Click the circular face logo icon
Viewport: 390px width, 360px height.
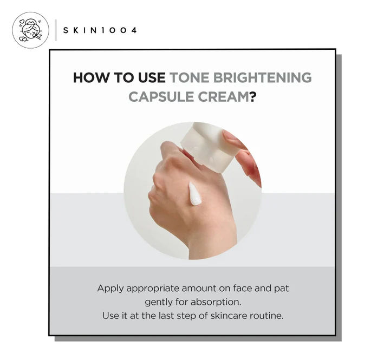coord(30,30)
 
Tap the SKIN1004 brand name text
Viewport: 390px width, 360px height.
coord(100,30)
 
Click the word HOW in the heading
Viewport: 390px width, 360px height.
coord(90,77)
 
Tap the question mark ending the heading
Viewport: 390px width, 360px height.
coord(253,96)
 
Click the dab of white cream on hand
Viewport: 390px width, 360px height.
coord(194,194)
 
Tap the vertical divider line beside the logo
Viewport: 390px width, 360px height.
coord(56,30)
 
